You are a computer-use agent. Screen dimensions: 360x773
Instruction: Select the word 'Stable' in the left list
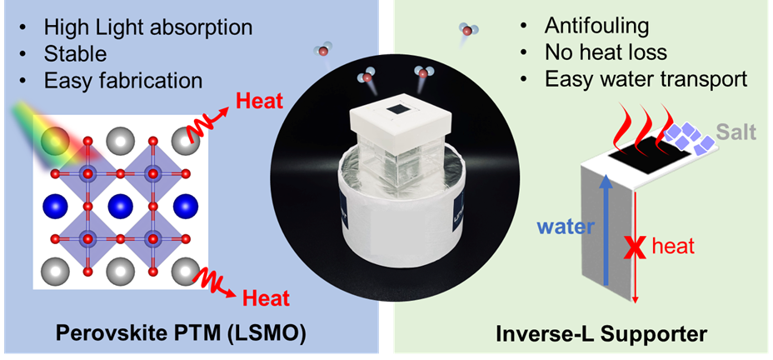point(75,56)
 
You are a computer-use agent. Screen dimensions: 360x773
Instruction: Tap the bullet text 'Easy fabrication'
point(123,80)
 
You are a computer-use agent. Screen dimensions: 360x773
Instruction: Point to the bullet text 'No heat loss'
point(606,52)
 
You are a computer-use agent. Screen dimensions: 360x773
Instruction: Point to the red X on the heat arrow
point(636,246)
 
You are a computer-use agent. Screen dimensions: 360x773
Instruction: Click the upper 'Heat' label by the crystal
point(259,102)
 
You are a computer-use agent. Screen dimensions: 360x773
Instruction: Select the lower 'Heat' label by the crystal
point(264,297)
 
